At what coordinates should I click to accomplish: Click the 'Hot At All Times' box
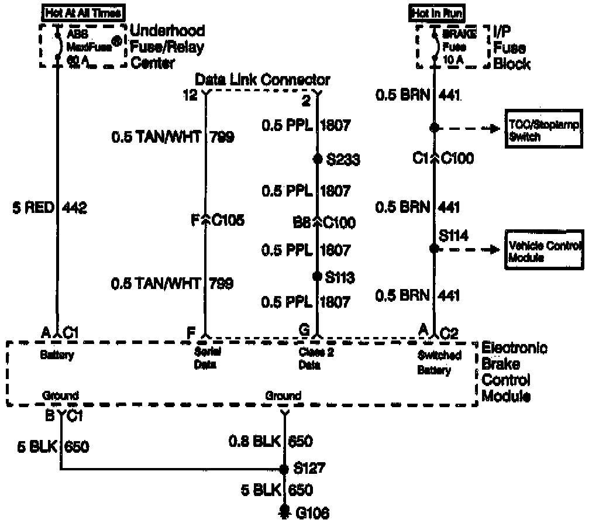pos(83,12)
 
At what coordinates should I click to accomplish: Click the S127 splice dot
pos(284,469)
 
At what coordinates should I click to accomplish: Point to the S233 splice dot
pos(318,159)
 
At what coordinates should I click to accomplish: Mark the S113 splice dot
pos(318,276)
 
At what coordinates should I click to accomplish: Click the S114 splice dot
pos(433,249)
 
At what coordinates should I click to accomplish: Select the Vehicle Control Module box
pos(543,251)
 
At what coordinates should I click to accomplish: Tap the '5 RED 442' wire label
pos(50,208)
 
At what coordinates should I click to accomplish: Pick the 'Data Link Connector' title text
pos(262,80)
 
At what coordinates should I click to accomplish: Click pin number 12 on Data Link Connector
pos(190,95)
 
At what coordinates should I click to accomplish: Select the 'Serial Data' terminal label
pos(205,359)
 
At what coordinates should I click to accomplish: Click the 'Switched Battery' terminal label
pos(439,363)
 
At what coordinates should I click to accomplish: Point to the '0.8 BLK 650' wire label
pos(271,441)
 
